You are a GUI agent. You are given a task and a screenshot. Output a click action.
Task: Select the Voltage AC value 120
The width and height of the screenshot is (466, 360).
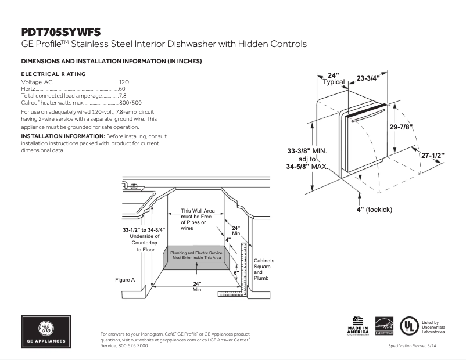(x=123, y=82)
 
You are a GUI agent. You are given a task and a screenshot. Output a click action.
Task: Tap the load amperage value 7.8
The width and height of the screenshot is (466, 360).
(x=123, y=95)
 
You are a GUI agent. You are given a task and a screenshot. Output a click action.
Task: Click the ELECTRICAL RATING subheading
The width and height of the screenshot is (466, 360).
(x=53, y=74)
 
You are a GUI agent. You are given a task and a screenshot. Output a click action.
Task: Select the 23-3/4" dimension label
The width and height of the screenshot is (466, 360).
(x=368, y=78)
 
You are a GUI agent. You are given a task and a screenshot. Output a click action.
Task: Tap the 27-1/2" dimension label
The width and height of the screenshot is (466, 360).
(x=432, y=156)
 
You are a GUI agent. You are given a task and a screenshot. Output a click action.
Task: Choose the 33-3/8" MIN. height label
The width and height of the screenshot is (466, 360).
(x=307, y=150)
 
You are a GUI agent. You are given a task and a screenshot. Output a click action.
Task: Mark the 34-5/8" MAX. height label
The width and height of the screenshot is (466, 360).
(x=307, y=167)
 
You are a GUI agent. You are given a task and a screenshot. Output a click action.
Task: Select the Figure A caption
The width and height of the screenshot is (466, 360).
(x=125, y=280)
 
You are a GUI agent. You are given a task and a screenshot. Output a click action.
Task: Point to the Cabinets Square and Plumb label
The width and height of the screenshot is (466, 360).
(x=264, y=269)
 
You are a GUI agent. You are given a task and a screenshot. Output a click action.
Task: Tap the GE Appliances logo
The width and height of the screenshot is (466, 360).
(x=46, y=332)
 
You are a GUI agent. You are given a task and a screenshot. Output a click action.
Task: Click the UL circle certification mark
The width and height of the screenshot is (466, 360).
(x=410, y=326)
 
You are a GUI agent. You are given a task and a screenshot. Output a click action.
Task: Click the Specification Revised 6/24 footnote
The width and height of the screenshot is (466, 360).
(x=415, y=346)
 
